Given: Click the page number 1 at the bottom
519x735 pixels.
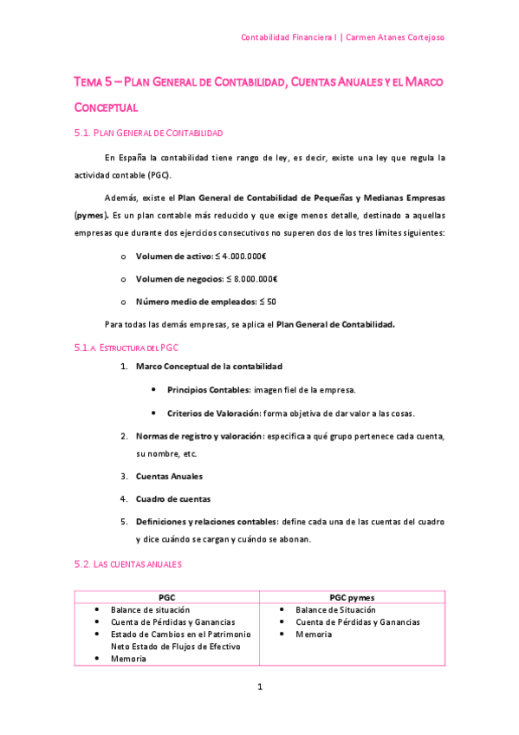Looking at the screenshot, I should click(259, 687).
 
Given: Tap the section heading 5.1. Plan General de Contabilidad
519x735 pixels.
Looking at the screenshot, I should click(149, 133).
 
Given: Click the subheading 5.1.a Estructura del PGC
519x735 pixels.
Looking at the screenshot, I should click(127, 347).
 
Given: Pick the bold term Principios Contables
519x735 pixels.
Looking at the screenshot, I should click(208, 390).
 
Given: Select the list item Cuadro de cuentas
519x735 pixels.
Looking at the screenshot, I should click(172, 498).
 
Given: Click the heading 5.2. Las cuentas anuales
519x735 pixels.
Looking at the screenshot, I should click(127, 564).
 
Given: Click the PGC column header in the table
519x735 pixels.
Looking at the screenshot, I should click(167, 598).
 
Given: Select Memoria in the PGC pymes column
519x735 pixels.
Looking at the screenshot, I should click(313, 634).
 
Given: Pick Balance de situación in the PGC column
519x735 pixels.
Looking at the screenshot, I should click(150, 610).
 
